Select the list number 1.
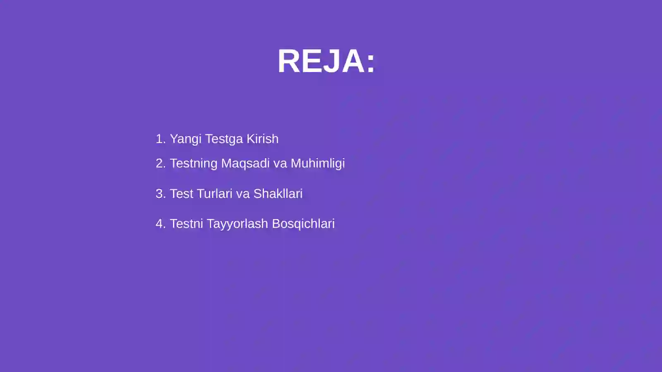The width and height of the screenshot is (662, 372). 159,139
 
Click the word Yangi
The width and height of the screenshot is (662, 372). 186,139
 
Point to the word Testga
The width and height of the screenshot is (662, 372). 224,139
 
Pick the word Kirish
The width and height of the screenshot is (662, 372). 262,139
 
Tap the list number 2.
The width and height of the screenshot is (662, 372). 159,163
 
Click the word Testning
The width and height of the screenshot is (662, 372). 194,164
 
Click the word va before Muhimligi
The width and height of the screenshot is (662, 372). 280,164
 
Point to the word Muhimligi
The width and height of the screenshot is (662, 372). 317,164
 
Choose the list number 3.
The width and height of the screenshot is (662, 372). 159,194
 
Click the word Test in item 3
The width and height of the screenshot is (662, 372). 181,194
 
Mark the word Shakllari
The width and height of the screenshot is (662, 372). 278,194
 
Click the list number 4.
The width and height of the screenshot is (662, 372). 159,224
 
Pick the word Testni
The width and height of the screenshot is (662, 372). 186,224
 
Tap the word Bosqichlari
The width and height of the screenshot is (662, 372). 303,224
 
